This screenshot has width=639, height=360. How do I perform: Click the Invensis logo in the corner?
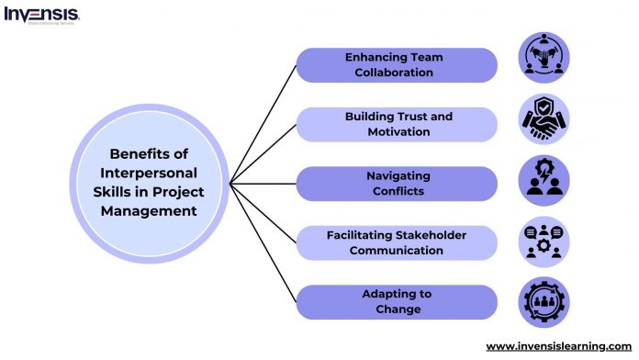[x=41, y=14]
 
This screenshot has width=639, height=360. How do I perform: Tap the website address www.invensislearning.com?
[x=559, y=346]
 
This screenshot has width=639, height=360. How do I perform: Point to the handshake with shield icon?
[x=544, y=118]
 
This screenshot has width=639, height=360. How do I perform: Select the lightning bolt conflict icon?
[x=544, y=180]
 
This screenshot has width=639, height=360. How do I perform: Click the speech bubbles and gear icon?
[x=544, y=242]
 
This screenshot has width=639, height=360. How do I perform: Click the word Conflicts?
[x=398, y=191]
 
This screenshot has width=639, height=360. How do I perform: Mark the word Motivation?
[x=398, y=132]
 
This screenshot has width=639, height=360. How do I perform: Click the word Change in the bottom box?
[x=398, y=309]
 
